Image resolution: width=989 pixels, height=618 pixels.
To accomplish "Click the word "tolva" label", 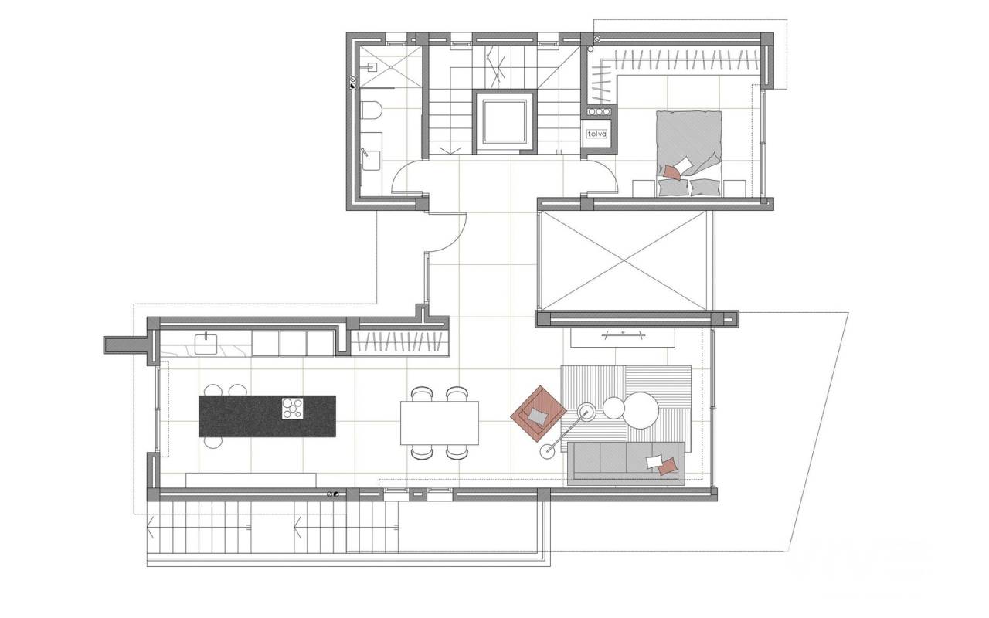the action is (x=597, y=134).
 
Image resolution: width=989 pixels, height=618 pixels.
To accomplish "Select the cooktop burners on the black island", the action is (x=293, y=409).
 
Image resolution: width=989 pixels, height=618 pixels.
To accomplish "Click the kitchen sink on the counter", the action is (x=206, y=345).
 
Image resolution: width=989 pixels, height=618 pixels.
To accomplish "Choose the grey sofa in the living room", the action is (x=626, y=463).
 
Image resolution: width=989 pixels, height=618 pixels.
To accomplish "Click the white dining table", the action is (x=440, y=423).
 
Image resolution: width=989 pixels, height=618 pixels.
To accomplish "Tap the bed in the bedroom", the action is (x=688, y=153).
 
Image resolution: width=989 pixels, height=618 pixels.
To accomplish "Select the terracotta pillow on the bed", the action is (x=673, y=171).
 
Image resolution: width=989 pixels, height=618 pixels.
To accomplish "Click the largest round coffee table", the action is (x=642, y=410).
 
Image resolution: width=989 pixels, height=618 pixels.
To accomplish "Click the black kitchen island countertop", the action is (x=267, y=416).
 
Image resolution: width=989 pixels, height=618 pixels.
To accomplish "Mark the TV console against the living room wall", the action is (x=623, y=338).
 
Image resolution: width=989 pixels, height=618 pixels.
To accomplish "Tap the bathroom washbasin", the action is (x=371, y=160).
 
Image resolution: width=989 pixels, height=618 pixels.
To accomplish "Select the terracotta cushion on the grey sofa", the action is (x=668, y=467).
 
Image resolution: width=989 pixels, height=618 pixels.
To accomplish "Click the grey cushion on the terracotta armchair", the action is (x=538, y=416).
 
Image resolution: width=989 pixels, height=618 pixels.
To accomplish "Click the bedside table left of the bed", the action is (x=644, y=188).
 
